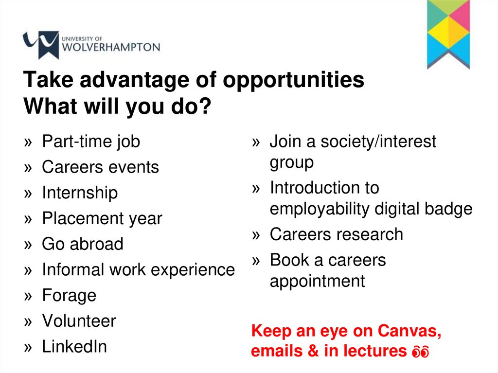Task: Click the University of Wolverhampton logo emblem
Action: click(x=41, y=45)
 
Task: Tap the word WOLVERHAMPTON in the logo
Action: click(x=111, y=48)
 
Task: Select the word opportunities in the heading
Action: click(x=293, y=80)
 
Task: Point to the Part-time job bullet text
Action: click(x=91, y=142)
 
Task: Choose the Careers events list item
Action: click(x=100, y=167)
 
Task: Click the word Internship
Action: click(x=80, y=193)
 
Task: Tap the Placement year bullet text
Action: click(x=102, y=218)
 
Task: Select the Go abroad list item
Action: click(x=83, y=244)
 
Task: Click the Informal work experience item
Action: click(x=138, y=269)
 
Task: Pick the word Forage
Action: click(x=69, y=295)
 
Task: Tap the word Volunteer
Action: click(x=79, y=321)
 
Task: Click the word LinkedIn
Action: click(x=74, y=347)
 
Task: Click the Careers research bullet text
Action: click(x=336, y=234)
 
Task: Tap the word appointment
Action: click(x=317, y=281)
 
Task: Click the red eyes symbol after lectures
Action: click(x=421, y=352)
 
